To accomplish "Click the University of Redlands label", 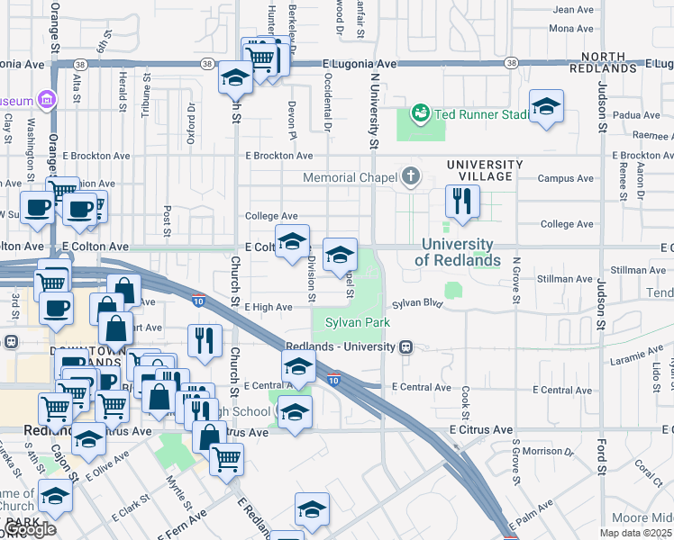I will coord(457,252).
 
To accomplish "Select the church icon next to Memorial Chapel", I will coord(412,176).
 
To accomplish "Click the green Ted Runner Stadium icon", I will coord(420,114).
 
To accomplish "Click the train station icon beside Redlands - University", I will coord(407,346).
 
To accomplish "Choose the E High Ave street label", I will coord(269,307).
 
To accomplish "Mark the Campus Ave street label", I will coord(565,178).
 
